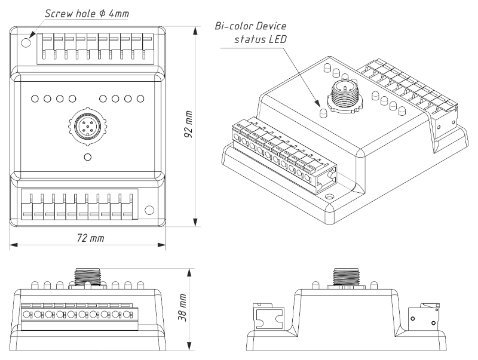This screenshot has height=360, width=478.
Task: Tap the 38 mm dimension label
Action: (183, 308)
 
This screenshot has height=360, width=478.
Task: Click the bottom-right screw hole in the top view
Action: (149, 210)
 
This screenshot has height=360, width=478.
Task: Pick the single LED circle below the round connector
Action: (87, 158)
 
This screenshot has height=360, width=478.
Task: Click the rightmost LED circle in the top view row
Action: (140, 99)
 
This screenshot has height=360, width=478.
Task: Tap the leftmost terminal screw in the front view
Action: (26, 313)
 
